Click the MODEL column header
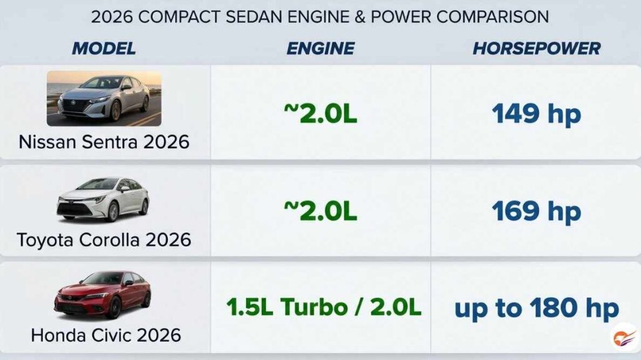click(x=104, y=49)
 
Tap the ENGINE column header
click(x=320, y=49)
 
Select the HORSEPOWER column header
click(x=536, y=49)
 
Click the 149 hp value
click(x=536, y=114)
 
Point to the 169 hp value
click(x=536, y=212)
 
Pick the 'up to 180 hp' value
click(x=536, y=309)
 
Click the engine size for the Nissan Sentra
click(x=320, y=114)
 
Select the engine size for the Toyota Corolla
click(x=320, y=212)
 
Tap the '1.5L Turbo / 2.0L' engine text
click(x=324, y=307)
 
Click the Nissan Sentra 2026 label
click(x=104, y=142)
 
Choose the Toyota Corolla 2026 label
click(x=104, y=240)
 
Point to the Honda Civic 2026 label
click(x=106, y=336)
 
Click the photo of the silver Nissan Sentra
click(x=104, y=98)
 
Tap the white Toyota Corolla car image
click(x=103, y=200)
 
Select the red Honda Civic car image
click(x=103, y=294)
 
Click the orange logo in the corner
click(x=625, y=337)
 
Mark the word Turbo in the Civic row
click(x=314, y=307)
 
